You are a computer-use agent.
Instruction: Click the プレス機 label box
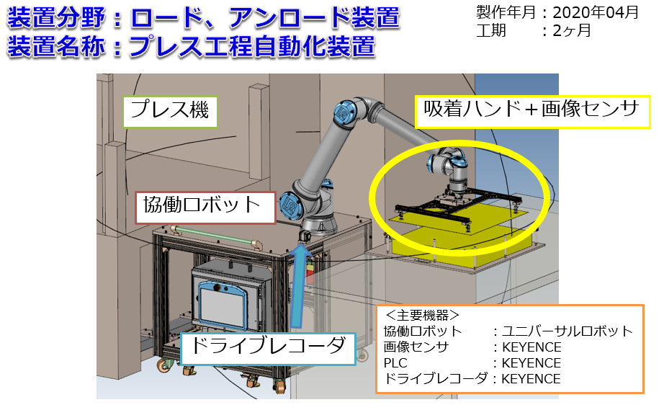[170, 112]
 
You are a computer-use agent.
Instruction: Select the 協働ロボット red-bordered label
[205, 207]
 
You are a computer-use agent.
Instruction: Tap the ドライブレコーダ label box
[268, 348]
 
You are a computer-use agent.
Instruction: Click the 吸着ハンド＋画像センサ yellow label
[532, 112]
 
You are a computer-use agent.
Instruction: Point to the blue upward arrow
[300, 286]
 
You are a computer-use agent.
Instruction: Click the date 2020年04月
[596, 12]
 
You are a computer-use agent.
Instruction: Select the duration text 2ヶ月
[572, 30]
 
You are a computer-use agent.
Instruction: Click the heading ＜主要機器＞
[422, 315]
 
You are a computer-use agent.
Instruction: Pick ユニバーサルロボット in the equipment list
[567, 331]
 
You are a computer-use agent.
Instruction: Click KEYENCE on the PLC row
[531, 363]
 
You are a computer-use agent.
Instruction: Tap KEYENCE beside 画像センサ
[531, 347]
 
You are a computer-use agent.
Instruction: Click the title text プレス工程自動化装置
[252, 46]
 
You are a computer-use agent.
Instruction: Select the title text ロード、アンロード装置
[265, 18]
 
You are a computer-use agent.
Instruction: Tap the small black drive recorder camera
[305, 236]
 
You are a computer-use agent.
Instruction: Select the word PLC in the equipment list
[395, 363]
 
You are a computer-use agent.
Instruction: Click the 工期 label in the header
[491, 30]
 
